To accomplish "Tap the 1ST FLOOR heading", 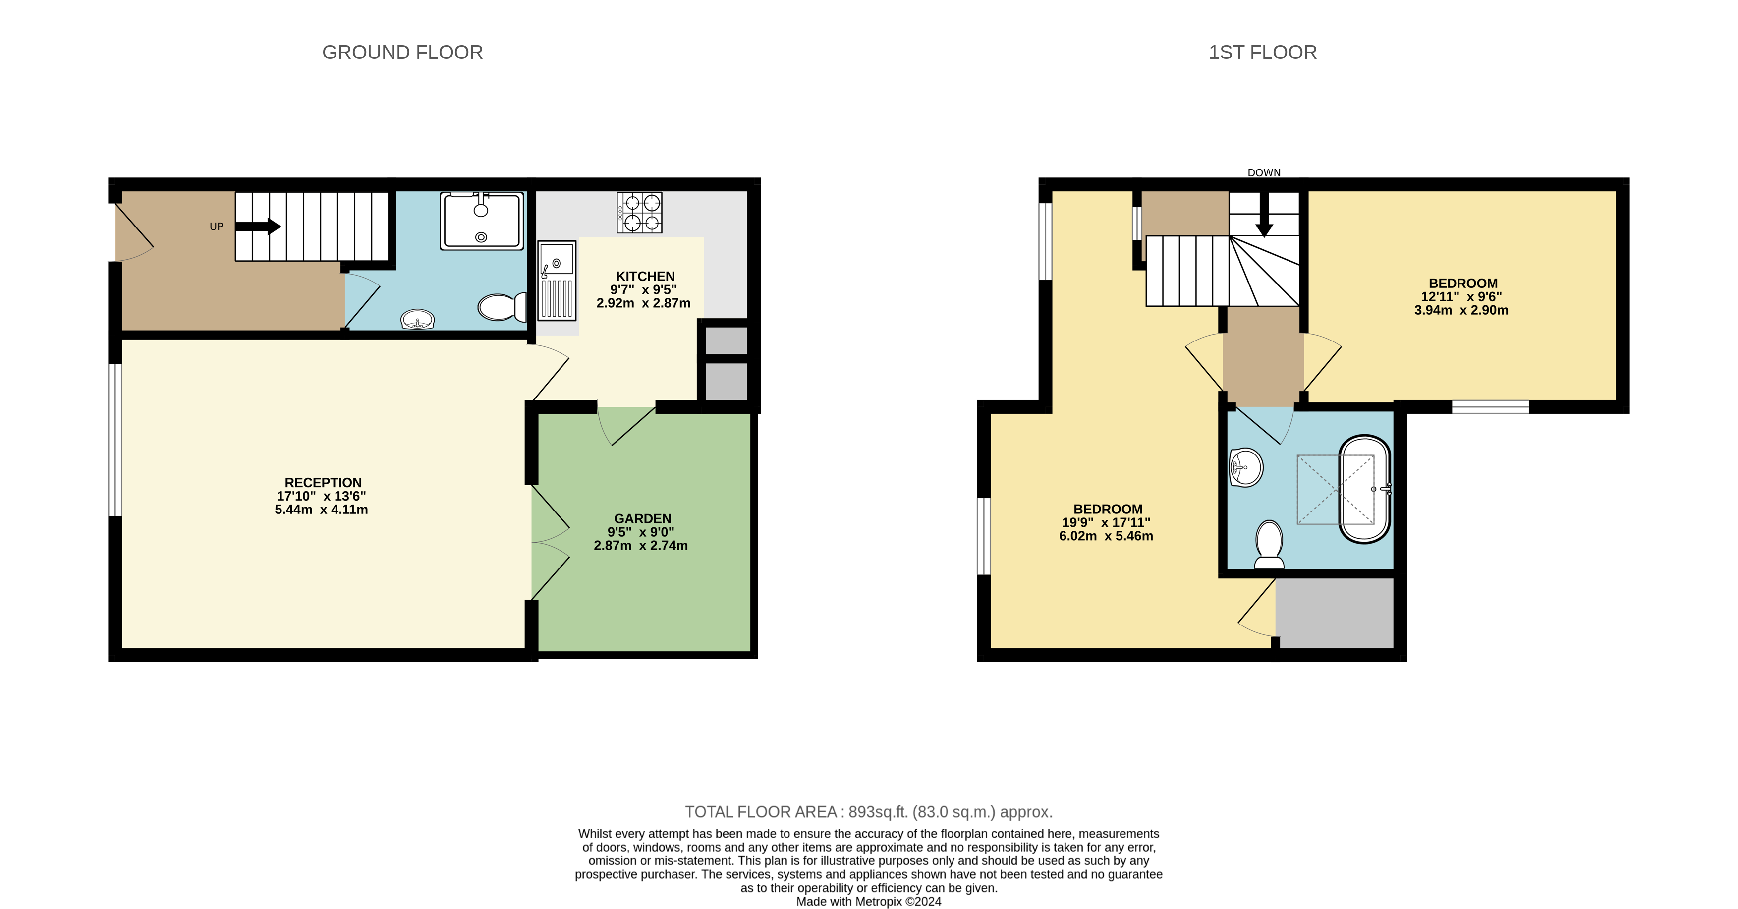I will [x=1262, y=52].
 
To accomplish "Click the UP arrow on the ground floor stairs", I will [x=258, y=226].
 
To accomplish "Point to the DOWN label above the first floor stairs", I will [x=1263, y=173].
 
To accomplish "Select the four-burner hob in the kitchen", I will [x=639, y=213].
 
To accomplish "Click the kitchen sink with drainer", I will [x=557, y=280].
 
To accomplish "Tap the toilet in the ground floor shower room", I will [x=502, y=307].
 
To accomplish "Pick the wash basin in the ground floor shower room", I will [x=417, y=319].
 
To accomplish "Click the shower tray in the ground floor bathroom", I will [x=481, y=221].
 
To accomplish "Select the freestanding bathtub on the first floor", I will [x=1364, y=489].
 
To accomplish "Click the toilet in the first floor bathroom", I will [x=1269, y=544].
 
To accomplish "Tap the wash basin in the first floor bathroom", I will [x=1245, y=467].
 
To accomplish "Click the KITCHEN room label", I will [x=645, y=276].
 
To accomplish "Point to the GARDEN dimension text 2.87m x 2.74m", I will [x=640, y=545].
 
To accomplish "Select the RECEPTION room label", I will [x=323, y=483].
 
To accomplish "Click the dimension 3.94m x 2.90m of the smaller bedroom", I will [x=1460, y=310].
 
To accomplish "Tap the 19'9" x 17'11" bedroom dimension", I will [x=1106, y=522].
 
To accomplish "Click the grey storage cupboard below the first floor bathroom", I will [x=1335, y=613].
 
